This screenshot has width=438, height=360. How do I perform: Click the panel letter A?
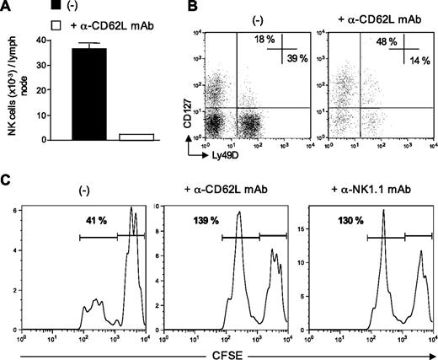tap(7, 8)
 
